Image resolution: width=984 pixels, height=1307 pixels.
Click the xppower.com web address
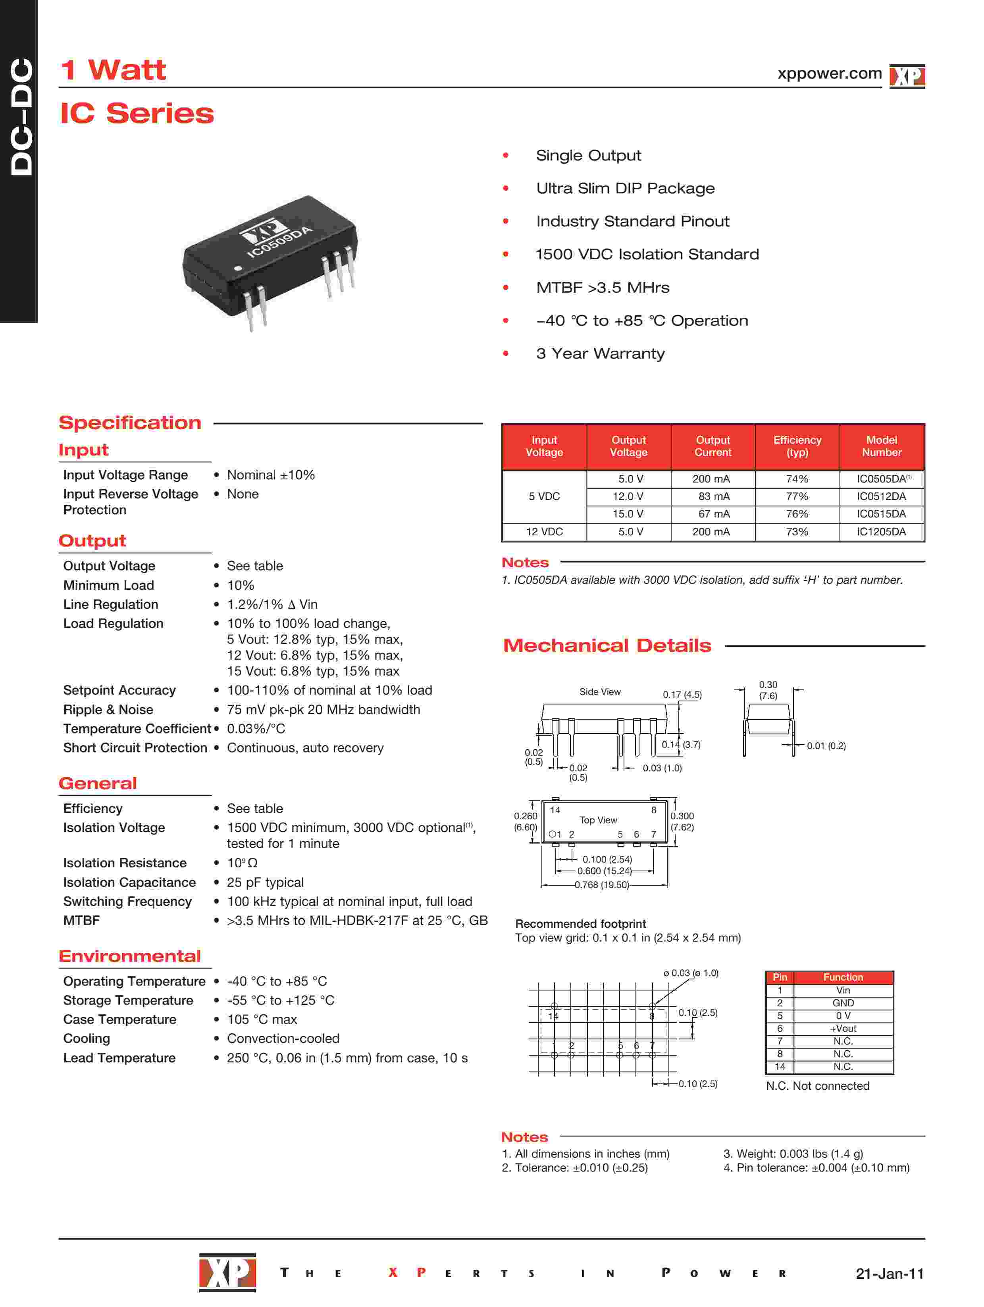(x=829, y=74)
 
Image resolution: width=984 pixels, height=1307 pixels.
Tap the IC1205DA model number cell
(x=881, y=532)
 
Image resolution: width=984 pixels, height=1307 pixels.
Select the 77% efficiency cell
(x=796, y=496)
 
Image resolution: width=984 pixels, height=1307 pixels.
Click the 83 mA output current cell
(x=713, y=496)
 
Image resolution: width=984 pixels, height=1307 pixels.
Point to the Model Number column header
(x=881, y=446)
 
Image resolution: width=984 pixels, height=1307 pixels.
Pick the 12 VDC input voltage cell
(x=544, y=532)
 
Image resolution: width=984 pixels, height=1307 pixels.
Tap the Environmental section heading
(x=129, y=956)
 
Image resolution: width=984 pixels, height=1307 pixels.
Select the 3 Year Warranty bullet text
(x=600, y=353)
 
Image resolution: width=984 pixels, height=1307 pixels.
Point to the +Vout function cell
(x=843, y=1029)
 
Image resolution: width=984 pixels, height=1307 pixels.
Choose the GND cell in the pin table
(x=843, y=1003)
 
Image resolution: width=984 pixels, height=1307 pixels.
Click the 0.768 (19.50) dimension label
(x=601, y=884)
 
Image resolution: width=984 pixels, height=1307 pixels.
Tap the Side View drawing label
(x=599, y=692)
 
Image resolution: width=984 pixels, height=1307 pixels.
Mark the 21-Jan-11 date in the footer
(x=889, y=1273)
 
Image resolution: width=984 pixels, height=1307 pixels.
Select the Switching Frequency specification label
(x=127, y=901)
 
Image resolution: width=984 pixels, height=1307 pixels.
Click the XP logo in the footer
(x=227, y=1272)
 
